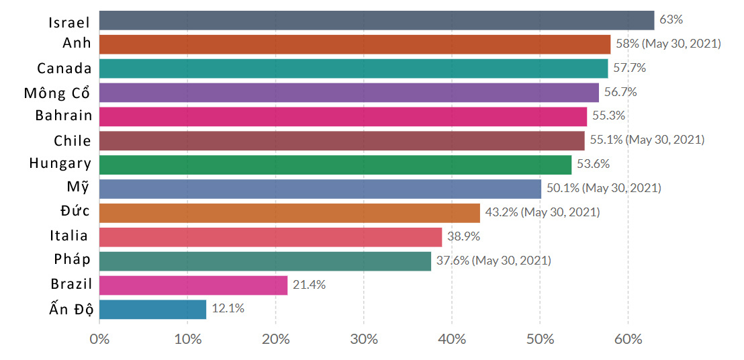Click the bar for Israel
(376, 20)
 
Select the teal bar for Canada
(353, 69)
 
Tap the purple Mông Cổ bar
(348, 93)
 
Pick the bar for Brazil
(193, 285)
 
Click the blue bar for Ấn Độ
(152, 309)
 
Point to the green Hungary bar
(335, 165)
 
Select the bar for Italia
(271, 236)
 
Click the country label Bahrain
(64, 116)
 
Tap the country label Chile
(73, 140)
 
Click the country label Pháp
(72, 260)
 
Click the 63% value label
(671, 20)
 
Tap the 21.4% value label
(309, 285)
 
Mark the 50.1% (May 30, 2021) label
(604, 188)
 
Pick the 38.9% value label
(464, 236)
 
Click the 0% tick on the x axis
(99, 339)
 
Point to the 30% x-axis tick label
(363, 339)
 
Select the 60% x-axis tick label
(628, 339)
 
